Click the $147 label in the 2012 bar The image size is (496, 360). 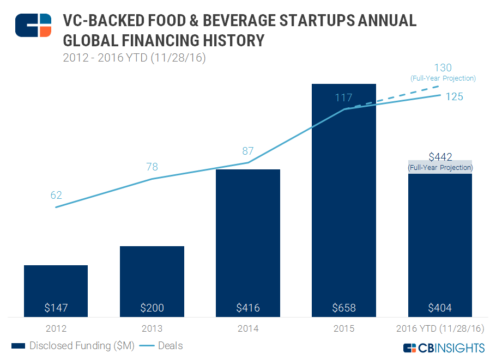point(56,308)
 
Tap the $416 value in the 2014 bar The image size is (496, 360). point(248,308)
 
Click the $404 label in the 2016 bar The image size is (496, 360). point(440,308)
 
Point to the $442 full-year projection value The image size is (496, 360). point(440,157)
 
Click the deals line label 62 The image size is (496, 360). point(56,195)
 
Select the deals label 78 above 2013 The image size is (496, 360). point(152,167)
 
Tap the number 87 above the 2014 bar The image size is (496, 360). point(248,151)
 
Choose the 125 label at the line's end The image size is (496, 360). point(453,97)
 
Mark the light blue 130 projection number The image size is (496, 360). point(443,68)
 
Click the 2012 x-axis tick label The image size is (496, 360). point(56,329)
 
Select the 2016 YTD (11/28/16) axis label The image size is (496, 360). point(440,329)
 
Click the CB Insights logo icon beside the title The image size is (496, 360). point(33,25)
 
